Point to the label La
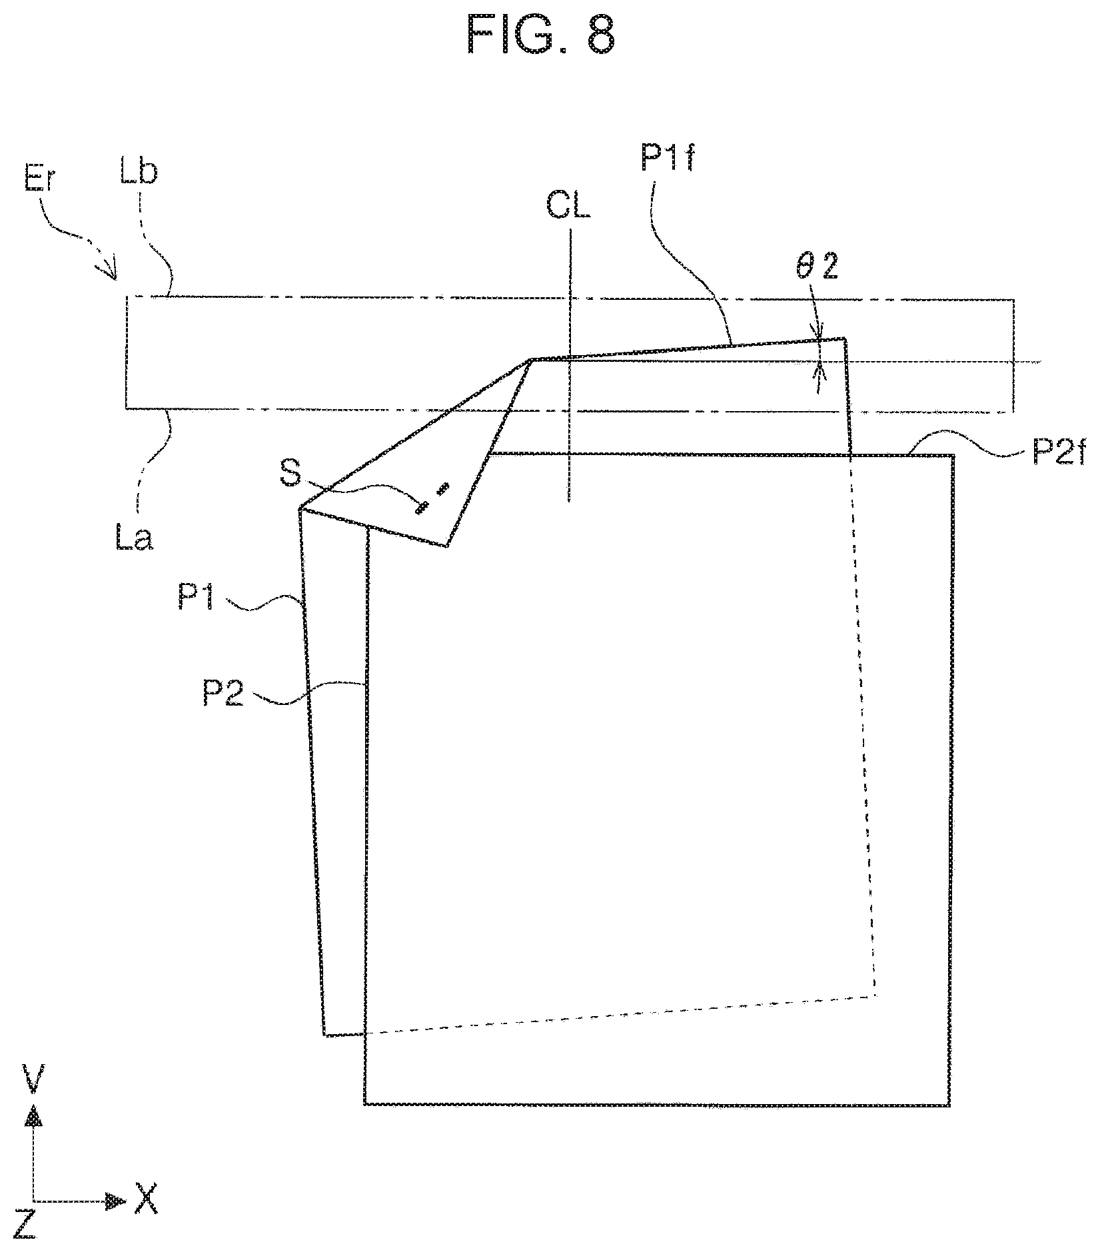point(134,537)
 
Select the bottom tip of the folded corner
point(446,546)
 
